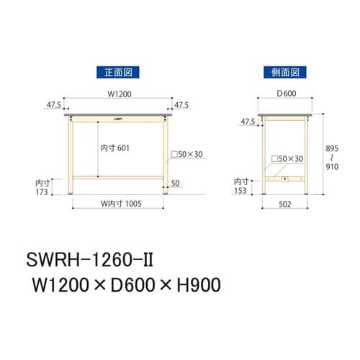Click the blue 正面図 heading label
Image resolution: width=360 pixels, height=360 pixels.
(117, 72)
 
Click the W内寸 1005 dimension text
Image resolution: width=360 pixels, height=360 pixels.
(118, 203)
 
